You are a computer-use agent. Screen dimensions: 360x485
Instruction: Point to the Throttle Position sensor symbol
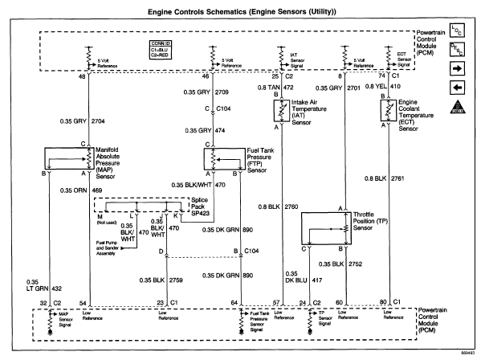click(324, 231)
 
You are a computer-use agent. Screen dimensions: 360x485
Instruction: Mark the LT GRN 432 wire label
click(38, 287)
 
